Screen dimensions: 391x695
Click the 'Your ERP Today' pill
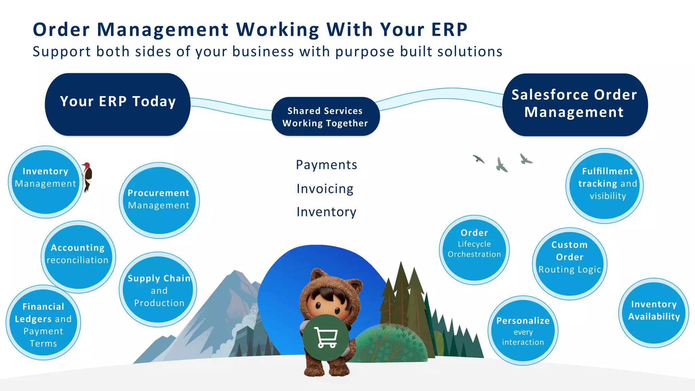(x=117, y=104)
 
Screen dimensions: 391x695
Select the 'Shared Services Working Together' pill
(x=325, y=117)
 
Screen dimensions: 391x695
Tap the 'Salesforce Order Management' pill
(x=575, y=104)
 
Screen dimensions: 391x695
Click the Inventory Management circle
(x=45, y=182)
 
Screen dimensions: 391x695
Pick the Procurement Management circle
(x=159, y=200)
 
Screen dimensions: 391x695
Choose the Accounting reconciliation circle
(x=78, y=257)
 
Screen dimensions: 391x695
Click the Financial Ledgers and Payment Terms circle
(x=43, y=322)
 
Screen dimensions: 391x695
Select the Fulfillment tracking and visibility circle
(x=604, y=186)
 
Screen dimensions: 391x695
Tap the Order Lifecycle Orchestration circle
(x=474, y=250)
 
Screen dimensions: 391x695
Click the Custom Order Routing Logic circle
(x=569, y=263)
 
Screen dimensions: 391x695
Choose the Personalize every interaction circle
(x=523, y=331)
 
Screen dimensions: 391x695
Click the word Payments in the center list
(x=326, y=165)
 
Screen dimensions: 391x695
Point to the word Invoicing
(x=325, y=189)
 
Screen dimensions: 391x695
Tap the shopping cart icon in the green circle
(x=326, y=337)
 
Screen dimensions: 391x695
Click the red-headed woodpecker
(x=88, y=176)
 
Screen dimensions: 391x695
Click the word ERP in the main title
(x=449, y=30)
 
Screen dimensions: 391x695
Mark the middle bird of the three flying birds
(x=501, y=165)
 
